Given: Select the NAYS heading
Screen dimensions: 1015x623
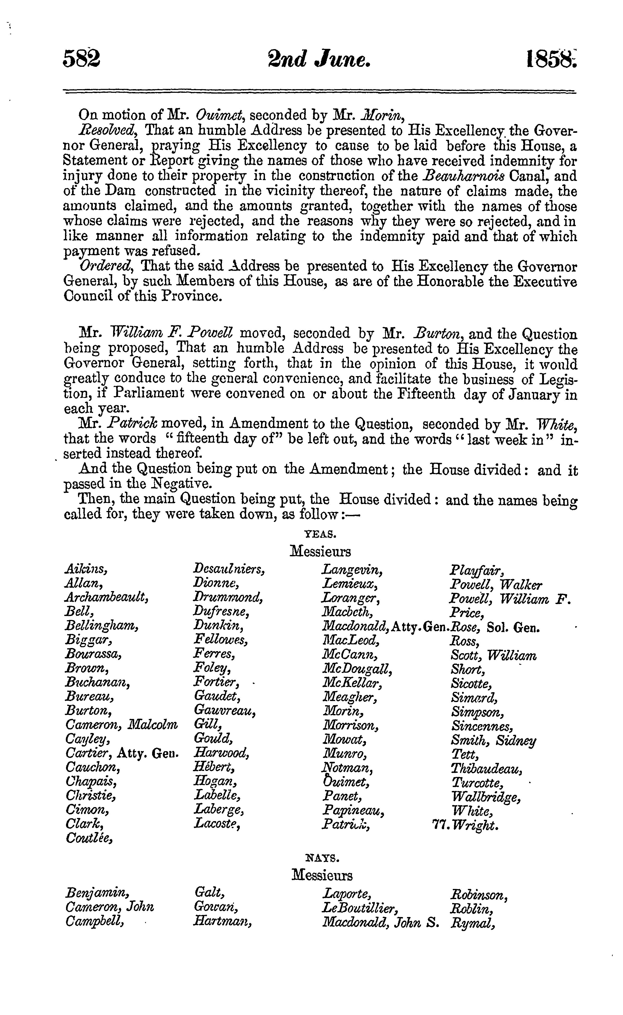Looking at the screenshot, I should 322,859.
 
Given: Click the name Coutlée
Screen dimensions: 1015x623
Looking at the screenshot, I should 89,839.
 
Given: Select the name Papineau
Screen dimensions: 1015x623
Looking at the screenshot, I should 354,811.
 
